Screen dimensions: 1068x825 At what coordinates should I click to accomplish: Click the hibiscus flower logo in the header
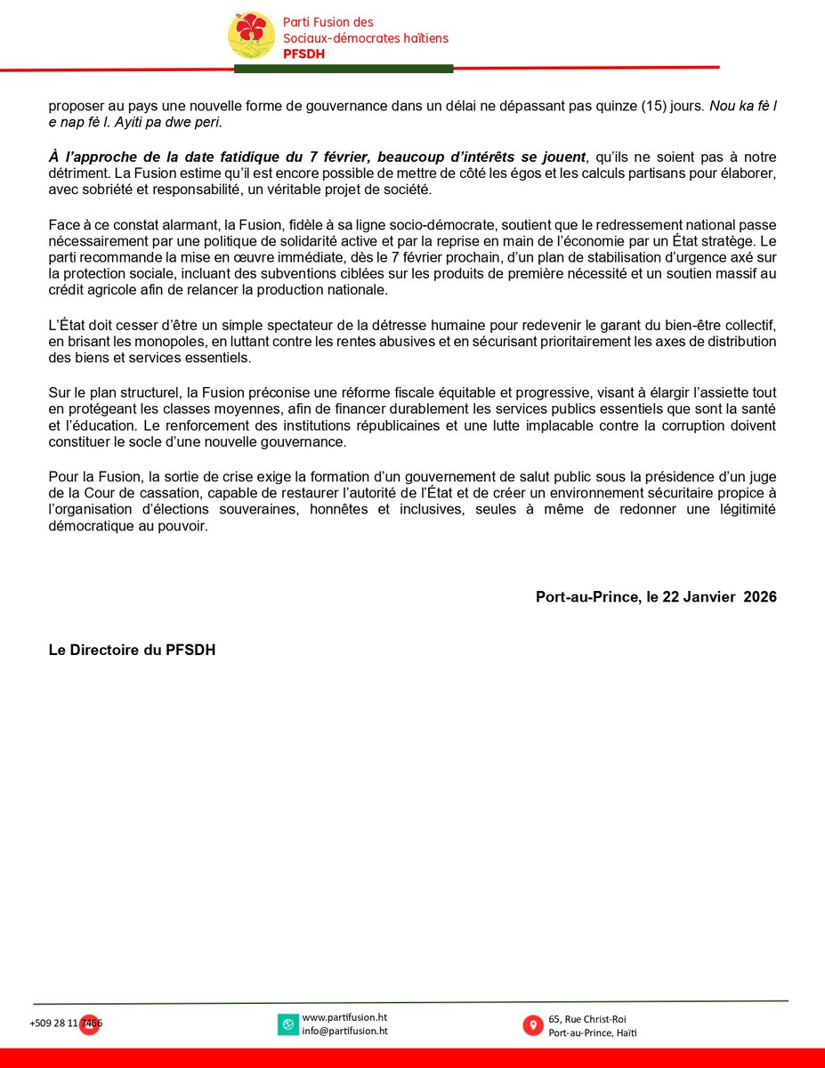tap(252, 35)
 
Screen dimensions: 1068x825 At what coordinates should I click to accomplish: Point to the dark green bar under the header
tap(344, 69)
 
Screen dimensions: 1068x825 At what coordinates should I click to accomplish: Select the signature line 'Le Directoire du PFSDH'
tap(132, 650)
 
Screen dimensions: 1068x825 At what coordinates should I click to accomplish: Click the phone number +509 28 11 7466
tap(66, 1023)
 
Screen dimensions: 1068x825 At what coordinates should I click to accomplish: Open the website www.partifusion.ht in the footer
tap(344, 1017)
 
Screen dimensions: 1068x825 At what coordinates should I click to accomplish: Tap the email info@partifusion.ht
tap(344, 1032)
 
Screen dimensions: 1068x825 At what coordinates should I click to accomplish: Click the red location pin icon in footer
tap(532, 1024)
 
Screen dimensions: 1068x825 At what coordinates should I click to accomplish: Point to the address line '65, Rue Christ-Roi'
tap(593, 1018)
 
